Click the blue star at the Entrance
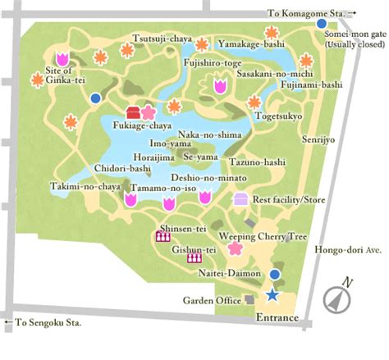[x=272, y=294]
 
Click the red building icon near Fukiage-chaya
[x=134, y=112]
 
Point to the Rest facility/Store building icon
[x=241, y=198]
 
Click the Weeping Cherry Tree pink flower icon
[x=235, y=247]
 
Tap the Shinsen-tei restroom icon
[x=162, y=237]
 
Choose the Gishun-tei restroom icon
[x=194, y=257]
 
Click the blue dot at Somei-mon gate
[x=321, y=24]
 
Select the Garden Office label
[x=211, y=301]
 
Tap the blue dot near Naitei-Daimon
[x=275, y=274]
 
